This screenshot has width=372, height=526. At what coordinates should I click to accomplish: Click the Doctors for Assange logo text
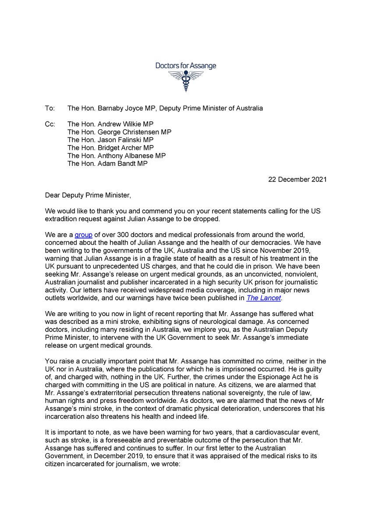tap(186, 66)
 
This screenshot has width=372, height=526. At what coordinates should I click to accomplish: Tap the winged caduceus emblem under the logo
tap(186, 81)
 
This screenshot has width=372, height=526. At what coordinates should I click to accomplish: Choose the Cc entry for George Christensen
tap(119, 132)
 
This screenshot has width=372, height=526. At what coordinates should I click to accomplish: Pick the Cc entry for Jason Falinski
tap(110, 140)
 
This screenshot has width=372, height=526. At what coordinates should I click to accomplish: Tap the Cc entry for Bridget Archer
tap(110, 148)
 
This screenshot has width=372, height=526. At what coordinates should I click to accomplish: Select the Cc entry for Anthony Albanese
tap(117, 156)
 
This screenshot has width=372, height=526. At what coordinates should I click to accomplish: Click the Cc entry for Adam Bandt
tap(107, 163)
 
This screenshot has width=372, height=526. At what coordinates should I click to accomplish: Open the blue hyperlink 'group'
tap(83, 235)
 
